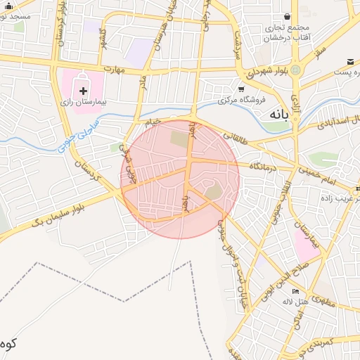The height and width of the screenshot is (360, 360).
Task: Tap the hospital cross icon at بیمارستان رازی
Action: [84, 90]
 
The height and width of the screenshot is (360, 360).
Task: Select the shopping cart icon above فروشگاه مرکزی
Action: [241, 89]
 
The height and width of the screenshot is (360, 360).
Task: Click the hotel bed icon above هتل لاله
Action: [296, 291]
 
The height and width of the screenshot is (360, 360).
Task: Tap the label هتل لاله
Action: [296, 302]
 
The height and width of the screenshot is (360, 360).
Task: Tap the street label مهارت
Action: [112, 70]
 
